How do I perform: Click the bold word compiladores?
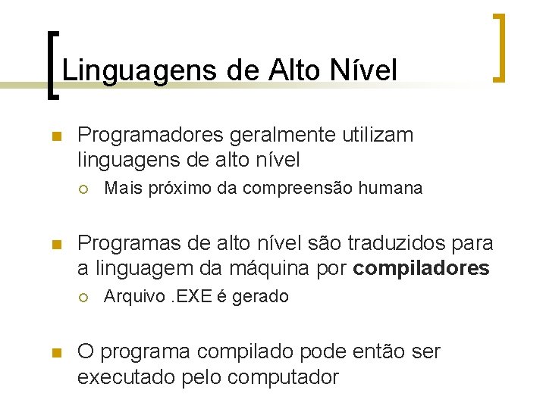pos(422,269)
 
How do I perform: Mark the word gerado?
pos(261,296)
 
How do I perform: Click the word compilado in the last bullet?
pos(256,351)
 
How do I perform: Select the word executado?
pos(126,376)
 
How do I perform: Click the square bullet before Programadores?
pos(55,136)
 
